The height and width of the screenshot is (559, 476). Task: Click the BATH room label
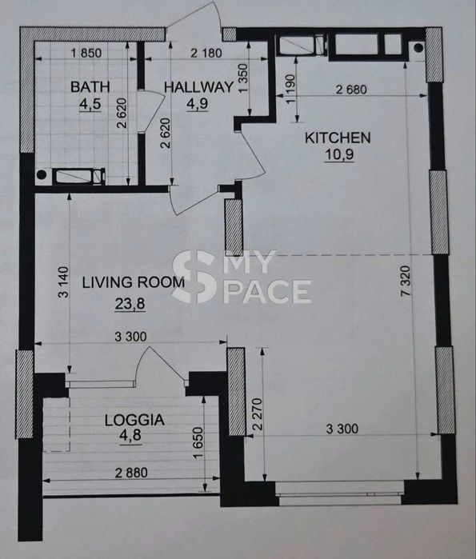90,87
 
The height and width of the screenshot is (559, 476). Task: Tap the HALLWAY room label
198,87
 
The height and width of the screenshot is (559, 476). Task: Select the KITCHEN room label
338,138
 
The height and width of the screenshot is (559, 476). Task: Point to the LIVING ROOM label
134,282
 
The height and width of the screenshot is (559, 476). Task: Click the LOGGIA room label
134,420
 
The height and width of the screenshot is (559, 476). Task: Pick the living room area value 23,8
130,304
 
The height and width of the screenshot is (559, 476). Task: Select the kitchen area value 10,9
339,154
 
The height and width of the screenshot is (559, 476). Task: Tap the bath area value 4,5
90,105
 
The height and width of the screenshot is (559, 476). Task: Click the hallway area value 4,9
197,104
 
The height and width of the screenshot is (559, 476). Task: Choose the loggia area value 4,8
130,435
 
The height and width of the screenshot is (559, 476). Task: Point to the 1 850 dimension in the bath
86,53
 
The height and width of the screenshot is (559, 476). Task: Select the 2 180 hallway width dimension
206,53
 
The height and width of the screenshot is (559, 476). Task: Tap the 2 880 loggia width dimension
131,473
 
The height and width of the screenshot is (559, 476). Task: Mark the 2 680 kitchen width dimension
351,90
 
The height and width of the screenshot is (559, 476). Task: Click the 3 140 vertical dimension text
63,282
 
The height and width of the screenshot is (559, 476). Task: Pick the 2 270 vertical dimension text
258,414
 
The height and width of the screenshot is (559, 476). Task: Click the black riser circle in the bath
42,174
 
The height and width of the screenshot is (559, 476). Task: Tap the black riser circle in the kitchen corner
418,47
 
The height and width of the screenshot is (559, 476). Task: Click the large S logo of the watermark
194,277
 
